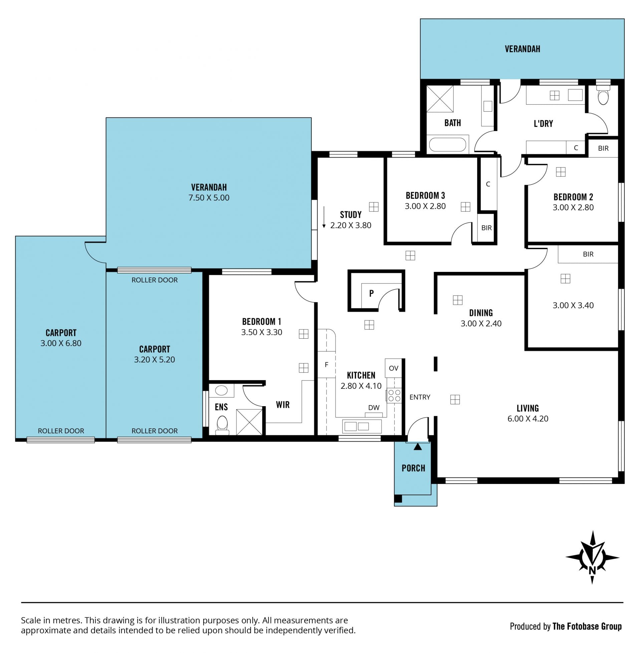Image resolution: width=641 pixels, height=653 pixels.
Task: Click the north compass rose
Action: [592, 557]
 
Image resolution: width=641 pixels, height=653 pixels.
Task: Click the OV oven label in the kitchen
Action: [394, 368]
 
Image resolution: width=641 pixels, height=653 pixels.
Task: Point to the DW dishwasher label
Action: [374, 407]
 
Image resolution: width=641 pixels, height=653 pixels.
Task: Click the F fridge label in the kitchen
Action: [326, 364]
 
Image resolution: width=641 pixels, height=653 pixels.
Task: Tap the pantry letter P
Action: [371, 293]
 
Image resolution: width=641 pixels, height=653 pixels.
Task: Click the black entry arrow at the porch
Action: [418, 447]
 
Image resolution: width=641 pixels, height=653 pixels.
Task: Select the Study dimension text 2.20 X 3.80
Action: [351, 225]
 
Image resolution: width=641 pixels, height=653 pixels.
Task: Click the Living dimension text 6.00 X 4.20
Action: [528, 419]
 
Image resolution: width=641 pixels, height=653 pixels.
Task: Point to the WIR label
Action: [283, 405]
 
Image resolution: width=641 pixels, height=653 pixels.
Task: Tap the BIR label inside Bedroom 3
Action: [486, 228]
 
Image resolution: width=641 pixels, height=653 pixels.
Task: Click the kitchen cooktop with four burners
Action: [394, 395]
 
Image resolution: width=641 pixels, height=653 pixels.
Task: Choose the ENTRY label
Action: [420, 397]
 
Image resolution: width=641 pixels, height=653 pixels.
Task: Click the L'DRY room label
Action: [544, 124]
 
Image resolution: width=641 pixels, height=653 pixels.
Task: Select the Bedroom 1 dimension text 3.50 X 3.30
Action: [262, 332]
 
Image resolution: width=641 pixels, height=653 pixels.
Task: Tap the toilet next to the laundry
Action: [603, 95]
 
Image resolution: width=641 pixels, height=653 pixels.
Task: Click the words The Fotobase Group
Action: [587, 626]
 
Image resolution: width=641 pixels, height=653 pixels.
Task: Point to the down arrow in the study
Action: [324, 217]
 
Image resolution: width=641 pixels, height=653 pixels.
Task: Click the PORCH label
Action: [413, 468]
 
